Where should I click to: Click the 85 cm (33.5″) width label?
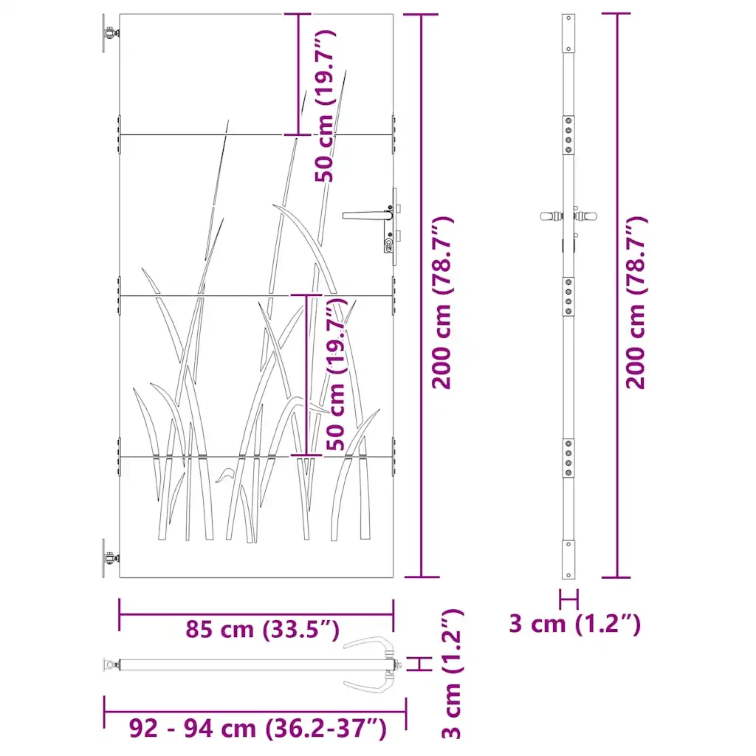(263, 629)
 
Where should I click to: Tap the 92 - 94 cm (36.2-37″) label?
(258, 728)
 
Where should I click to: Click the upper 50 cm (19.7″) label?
(325, 106)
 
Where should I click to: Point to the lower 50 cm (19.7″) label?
(336, 374)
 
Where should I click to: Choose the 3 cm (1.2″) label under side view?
(574, 624)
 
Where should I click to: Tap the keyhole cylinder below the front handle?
(388, 244)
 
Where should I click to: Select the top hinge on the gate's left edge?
(110, 33)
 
